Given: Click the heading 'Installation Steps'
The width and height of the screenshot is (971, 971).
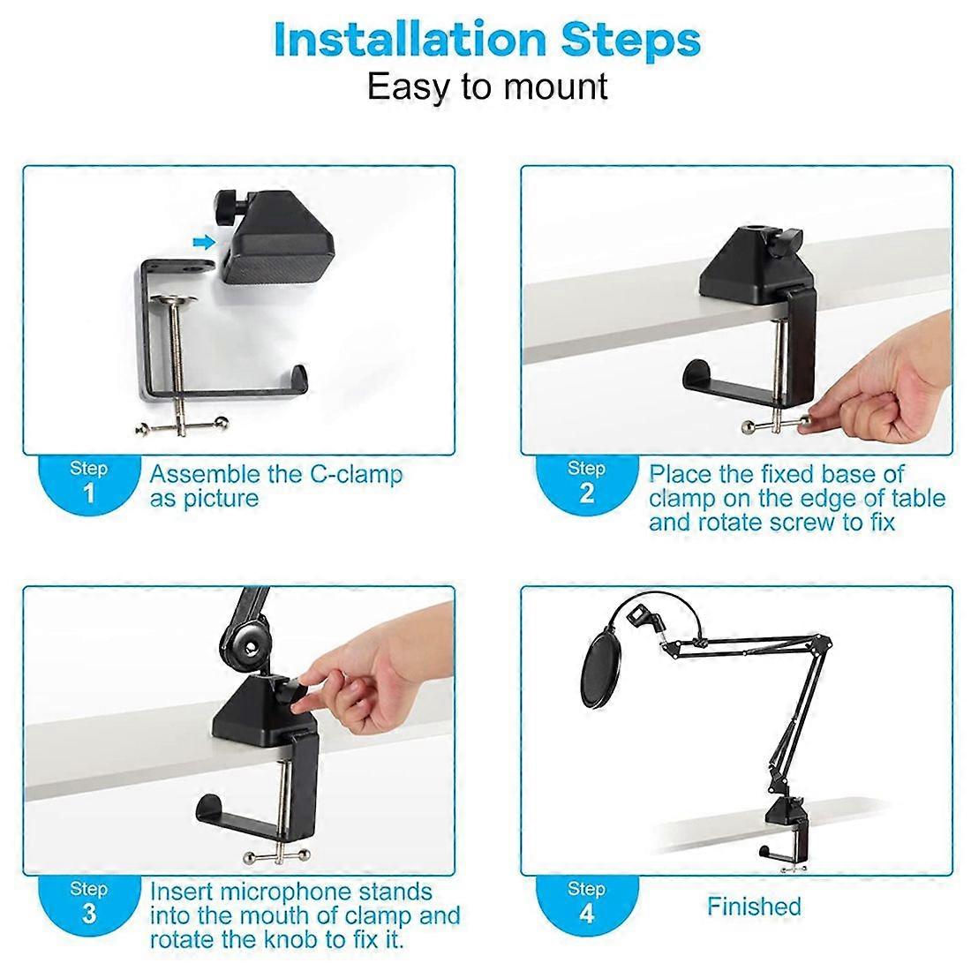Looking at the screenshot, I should click(486, 40).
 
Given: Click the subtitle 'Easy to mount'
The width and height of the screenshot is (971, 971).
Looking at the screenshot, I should click(486, 87).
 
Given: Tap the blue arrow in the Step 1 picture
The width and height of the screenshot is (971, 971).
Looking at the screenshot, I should click(204, 241).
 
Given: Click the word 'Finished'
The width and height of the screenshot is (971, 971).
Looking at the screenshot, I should click(754, 907).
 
